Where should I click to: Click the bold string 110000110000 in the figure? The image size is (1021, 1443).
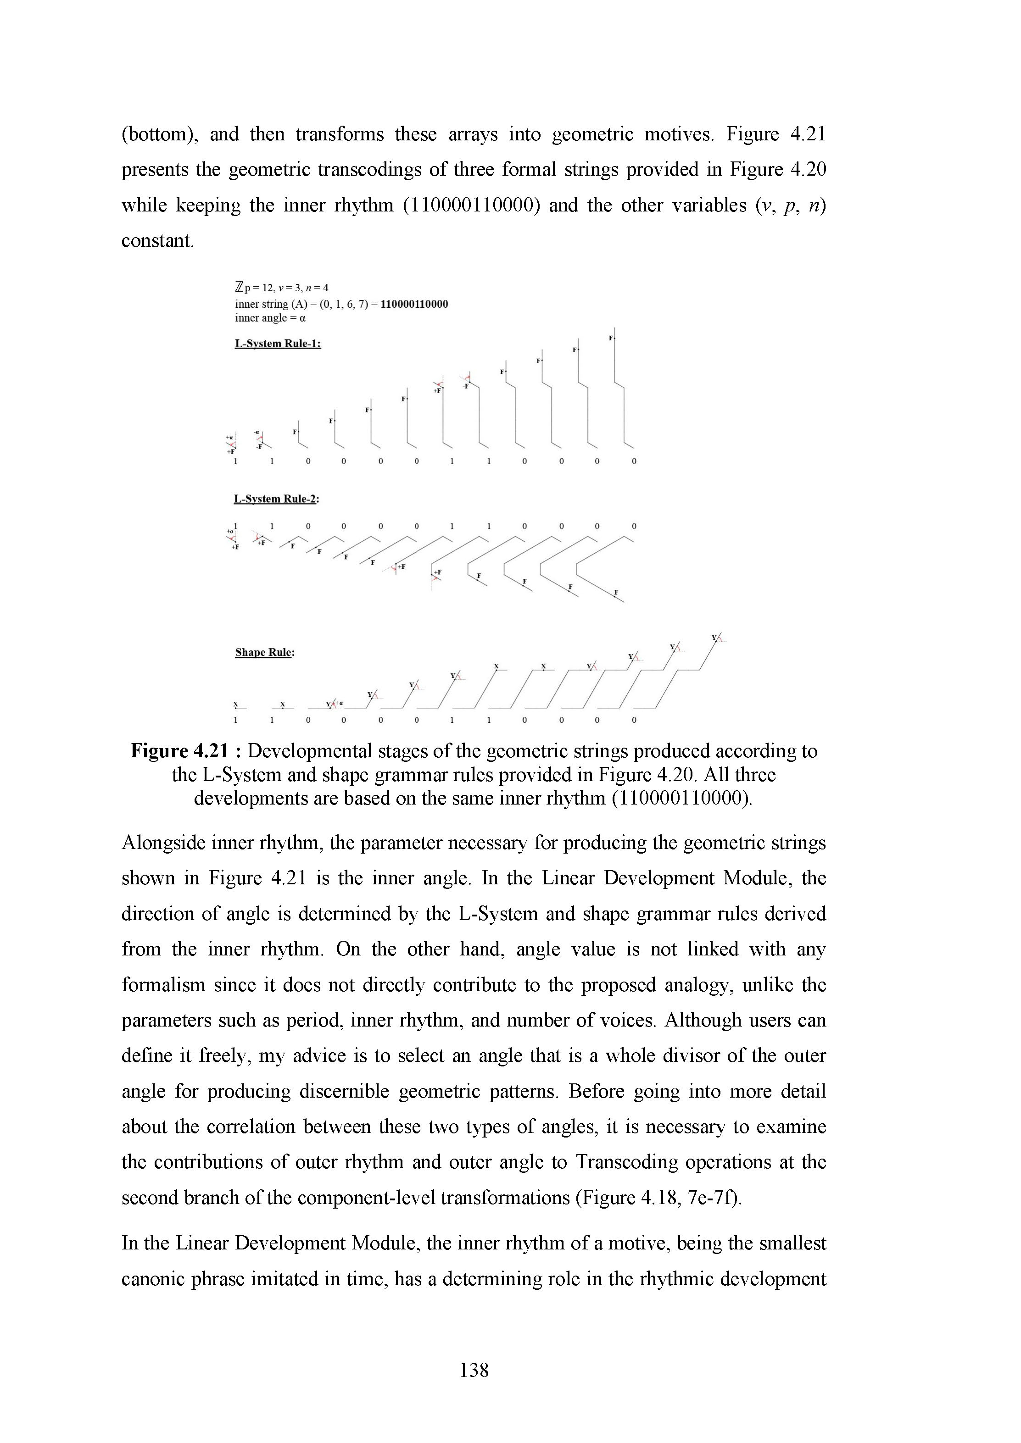pyautogui.click(x=414, y=304)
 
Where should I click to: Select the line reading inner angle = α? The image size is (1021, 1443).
pyautogui.click(x=270, y=318)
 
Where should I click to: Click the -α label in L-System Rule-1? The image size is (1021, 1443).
pyautogui.click(x=257, y=433)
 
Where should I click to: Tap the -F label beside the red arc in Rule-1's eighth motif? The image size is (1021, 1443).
pyautogui.click(x=466, y=387)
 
